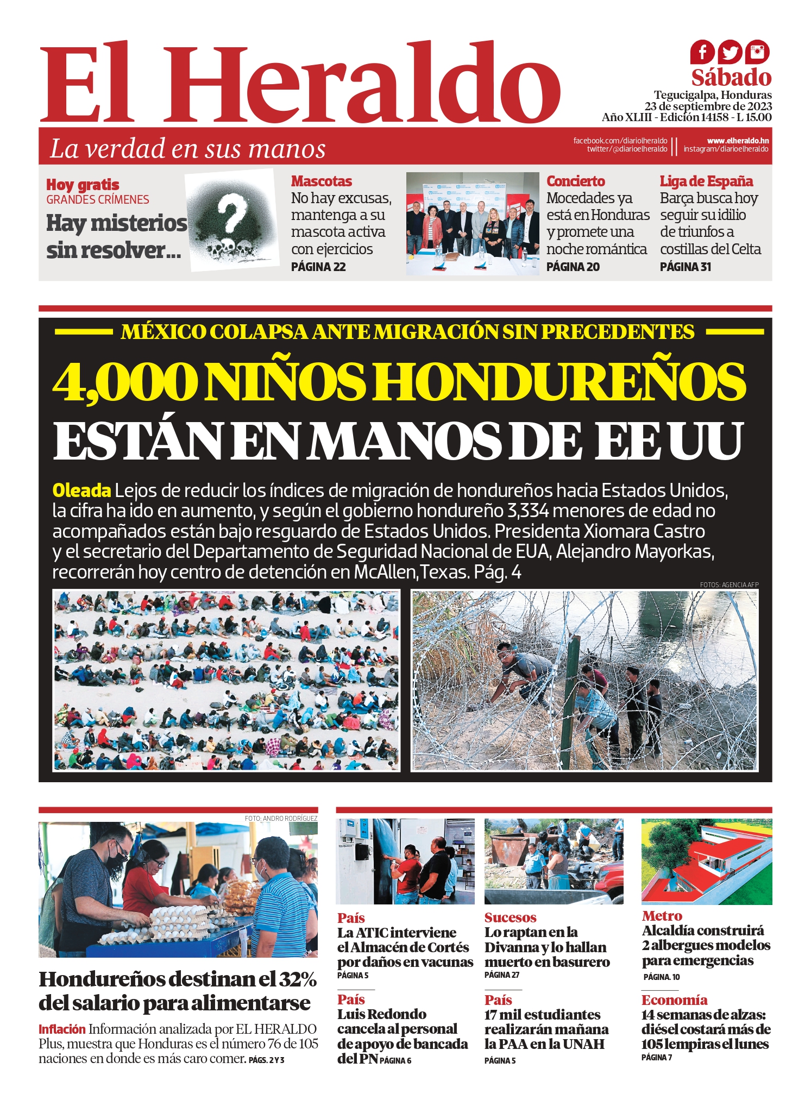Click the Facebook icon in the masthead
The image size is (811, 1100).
point(702,53)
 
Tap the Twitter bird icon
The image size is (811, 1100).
point(730,53)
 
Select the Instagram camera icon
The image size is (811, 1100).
point(757,52)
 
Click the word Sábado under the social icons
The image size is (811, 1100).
point(731,78)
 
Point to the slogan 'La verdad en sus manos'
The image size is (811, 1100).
point(187,149)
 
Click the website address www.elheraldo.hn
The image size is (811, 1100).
point(738,141)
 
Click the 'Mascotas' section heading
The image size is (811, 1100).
point(321,181)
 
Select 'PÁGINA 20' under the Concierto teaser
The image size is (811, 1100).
point(573,267)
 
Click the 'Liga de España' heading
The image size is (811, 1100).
point(706,181)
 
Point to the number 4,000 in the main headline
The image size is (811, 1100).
point(125,381)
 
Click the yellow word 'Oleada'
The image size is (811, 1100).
point(81,491)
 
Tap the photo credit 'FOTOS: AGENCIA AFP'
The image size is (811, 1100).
point(729,584)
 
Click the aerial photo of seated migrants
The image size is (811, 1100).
point(226,681)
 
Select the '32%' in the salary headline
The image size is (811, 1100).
point(298,979)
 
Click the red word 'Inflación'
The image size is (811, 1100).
point(62,1029)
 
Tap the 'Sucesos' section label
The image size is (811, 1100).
point(510,917)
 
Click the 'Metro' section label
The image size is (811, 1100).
point(662,916)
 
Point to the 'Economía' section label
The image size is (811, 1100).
point(674,1000)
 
